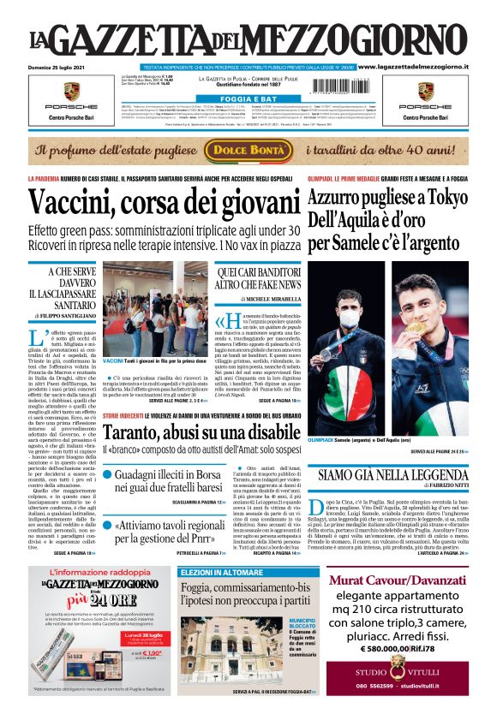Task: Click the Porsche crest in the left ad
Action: point(71,90)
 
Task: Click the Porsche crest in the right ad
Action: point(425,90)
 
